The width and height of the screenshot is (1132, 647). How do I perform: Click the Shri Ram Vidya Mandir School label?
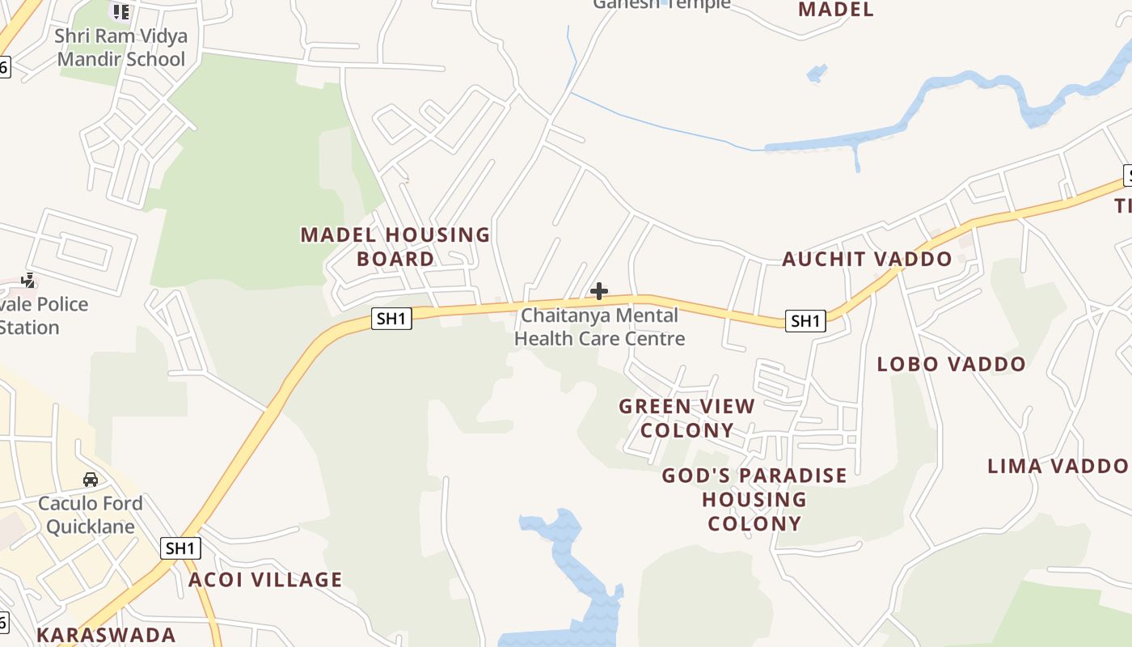click(120, 48)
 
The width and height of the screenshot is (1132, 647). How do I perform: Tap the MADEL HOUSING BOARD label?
click(395, 247)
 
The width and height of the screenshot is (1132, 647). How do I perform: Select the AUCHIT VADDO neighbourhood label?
click(867, 260)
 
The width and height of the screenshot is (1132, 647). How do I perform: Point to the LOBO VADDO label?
click(951, 365)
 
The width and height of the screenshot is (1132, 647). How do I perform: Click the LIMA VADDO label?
click(1058, 466)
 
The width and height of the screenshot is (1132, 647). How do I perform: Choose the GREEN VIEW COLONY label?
click(687, 418)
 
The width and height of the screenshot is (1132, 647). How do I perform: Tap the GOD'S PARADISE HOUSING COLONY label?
click(754, 499)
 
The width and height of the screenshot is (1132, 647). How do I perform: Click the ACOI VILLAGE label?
click(265, 580)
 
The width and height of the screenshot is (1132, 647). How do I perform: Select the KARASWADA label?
click(106, 635)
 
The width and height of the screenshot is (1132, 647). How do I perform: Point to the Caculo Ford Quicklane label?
click(91, 515)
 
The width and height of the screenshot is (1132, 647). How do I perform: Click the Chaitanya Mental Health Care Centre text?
click(599, 327)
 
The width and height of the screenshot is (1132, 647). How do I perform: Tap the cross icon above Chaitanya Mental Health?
click(599, 291)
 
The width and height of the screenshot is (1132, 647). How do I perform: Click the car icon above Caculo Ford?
click(91, 480)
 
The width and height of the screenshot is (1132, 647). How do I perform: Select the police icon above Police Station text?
click(28, 281)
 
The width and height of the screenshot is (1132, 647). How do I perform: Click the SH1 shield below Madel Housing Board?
click(391, 319)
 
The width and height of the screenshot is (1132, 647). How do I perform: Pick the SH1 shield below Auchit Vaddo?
click(805, 321)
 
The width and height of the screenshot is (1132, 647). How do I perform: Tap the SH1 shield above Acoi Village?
click(180, 548)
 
